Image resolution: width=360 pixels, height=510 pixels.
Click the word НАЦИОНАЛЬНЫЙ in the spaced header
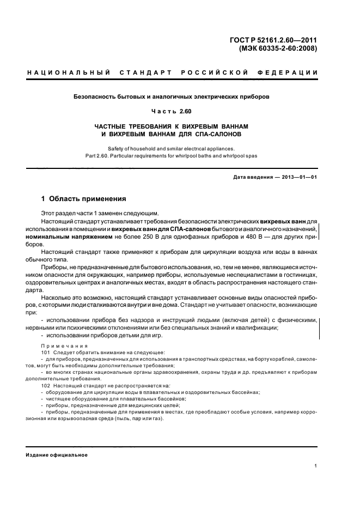[x=64, y=72]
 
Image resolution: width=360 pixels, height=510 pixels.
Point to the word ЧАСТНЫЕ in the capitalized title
[x=111, y=125]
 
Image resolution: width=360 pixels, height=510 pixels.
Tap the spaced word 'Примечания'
[x=64, y=346]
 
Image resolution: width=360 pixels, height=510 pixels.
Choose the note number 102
[x=45, y=385]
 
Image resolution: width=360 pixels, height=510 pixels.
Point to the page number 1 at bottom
[x=316, y=466]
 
